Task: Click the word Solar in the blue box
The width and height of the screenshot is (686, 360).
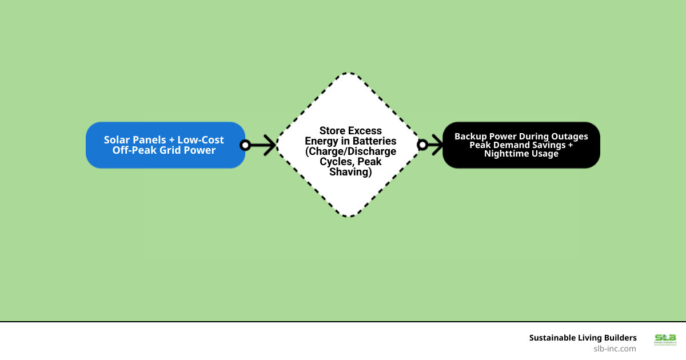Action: click(x=117, y=140)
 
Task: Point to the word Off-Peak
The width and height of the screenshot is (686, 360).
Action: click(x=135, y=150)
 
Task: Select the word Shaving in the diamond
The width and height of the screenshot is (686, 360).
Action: click(x=350, y=172)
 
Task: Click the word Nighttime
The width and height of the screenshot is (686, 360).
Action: click(x=505, y=154)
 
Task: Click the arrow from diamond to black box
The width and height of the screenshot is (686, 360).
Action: click(x=436, y=145)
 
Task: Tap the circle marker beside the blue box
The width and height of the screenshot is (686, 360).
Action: click(x=245, y=145)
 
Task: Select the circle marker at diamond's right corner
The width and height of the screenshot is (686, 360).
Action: click(x=422, y=145)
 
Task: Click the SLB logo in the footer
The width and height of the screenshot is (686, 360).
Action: click(x=665, y=339)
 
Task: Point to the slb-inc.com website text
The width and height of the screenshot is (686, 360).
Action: click(x=615, y=348)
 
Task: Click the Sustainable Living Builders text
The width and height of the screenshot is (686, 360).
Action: click(x=583, y=338)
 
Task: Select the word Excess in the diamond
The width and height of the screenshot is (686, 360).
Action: click(x=366, y=131)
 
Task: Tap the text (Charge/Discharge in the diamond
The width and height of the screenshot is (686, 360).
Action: click(x=350, y=151)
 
